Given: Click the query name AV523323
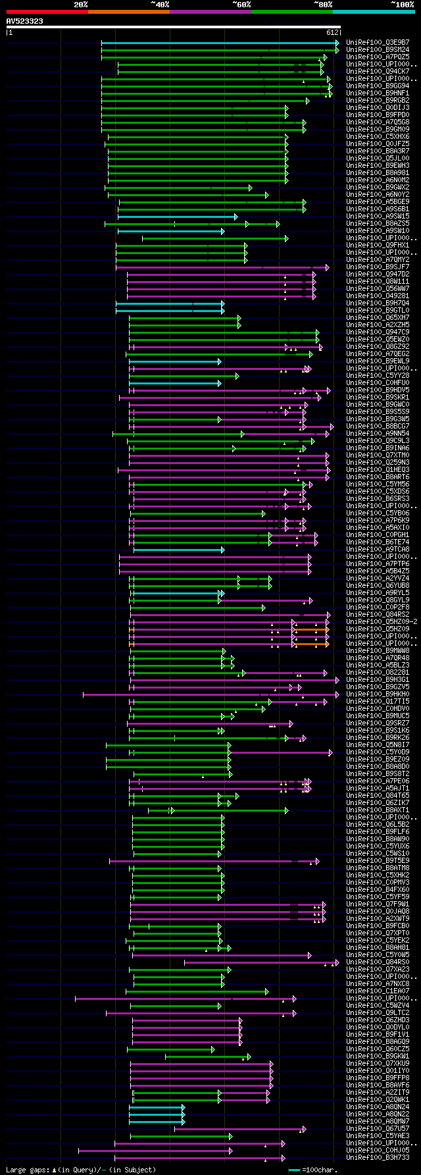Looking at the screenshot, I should click(25, 21).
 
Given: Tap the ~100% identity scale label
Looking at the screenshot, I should click(402, 4).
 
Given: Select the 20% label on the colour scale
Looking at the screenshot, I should click(81, 4).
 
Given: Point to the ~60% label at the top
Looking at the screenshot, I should click(241, 4).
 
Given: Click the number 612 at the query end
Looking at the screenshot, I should click(332, 32).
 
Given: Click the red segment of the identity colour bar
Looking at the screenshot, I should click(47, 11).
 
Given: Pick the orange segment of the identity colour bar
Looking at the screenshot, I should click(128, 11).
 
